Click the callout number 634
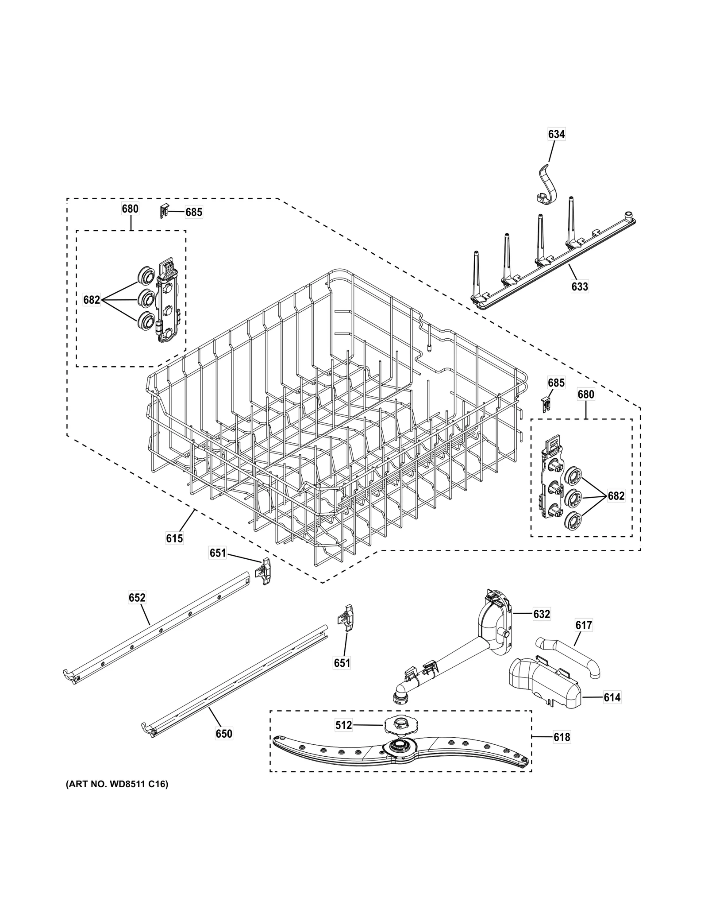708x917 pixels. (x=556, y=134)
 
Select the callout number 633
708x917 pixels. (x=579, y=286)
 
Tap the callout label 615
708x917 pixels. (x=174, y=538)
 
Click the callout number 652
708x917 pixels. (x=137, y=598)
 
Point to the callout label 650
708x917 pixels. (x=223, y=734)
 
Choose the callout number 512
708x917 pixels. (x=343, y=725)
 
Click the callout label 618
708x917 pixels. (x=562, y=737)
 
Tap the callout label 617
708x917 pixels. (x=583, y=625)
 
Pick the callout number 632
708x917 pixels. (x=541, y=614)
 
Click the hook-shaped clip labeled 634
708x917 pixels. (x=547, y=186)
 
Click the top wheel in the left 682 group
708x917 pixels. (x=145, y=277)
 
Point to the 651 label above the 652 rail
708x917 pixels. (x=217, y=553)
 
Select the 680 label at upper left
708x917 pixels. (x=130, y=209)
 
